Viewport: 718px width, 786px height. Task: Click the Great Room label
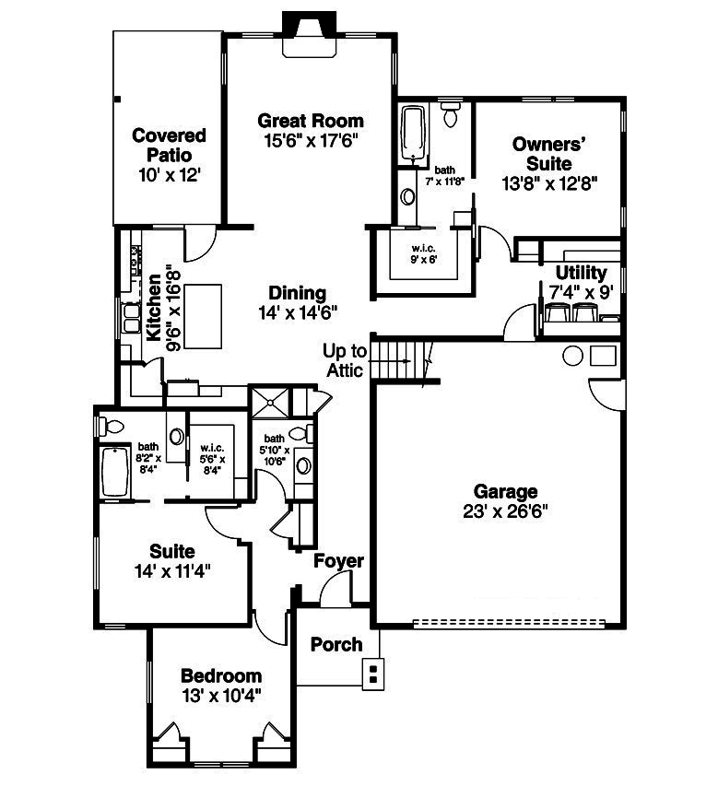311,121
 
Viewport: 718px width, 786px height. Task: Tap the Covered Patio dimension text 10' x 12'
169,175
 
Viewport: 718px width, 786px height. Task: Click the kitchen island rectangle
204,316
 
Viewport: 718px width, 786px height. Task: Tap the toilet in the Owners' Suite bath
451,116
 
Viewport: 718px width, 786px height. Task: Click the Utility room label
581,273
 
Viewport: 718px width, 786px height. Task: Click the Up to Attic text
346,360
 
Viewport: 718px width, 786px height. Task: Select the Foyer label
338,561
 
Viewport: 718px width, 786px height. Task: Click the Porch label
335,644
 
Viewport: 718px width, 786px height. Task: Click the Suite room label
171,552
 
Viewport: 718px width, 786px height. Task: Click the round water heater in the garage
572,355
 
